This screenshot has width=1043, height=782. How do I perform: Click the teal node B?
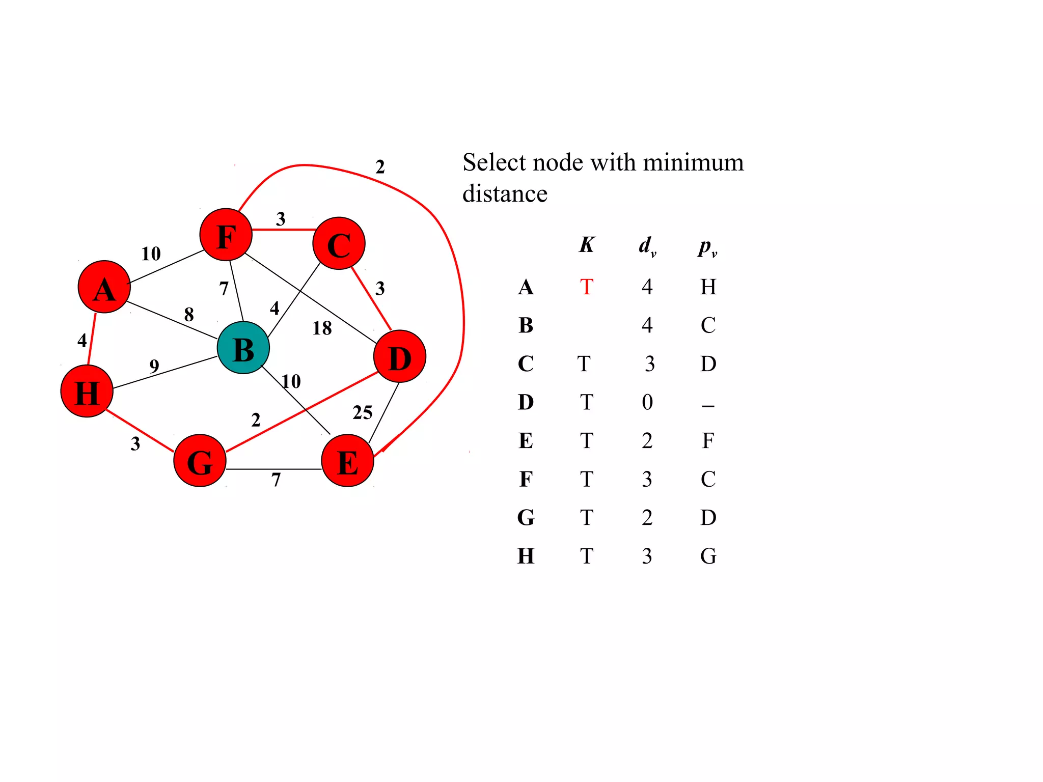[x=243, y=348]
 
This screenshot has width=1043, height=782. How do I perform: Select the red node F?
[x=226, y=235]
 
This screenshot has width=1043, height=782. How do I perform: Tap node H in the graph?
[x=87, y=392]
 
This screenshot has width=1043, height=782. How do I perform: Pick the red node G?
[x=200, y=461]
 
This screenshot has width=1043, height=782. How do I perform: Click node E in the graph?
[x=347, y=461]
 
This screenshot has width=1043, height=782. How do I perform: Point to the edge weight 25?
[x=362, y=412]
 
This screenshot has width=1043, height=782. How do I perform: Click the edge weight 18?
[x=322, y=328]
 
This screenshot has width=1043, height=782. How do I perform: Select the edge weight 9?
[x=154, y=366]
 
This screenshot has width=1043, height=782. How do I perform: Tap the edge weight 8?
[x=189, y=315]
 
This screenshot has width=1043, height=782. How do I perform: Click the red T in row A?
[x=586, y=287]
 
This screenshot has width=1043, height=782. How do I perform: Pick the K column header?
[x=586, y=245]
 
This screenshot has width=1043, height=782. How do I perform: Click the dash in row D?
[x=708, y=406]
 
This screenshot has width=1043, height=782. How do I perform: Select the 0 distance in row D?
[x=647, y=402]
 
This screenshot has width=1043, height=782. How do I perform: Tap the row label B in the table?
[x=526, y=325]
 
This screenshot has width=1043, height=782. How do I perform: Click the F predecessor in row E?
[x=708, y=441]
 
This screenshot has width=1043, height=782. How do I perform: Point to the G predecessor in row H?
[x=708, y=556]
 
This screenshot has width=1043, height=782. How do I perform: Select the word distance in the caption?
[x=505, y=194]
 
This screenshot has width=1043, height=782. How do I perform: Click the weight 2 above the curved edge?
[x=380, y=167]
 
